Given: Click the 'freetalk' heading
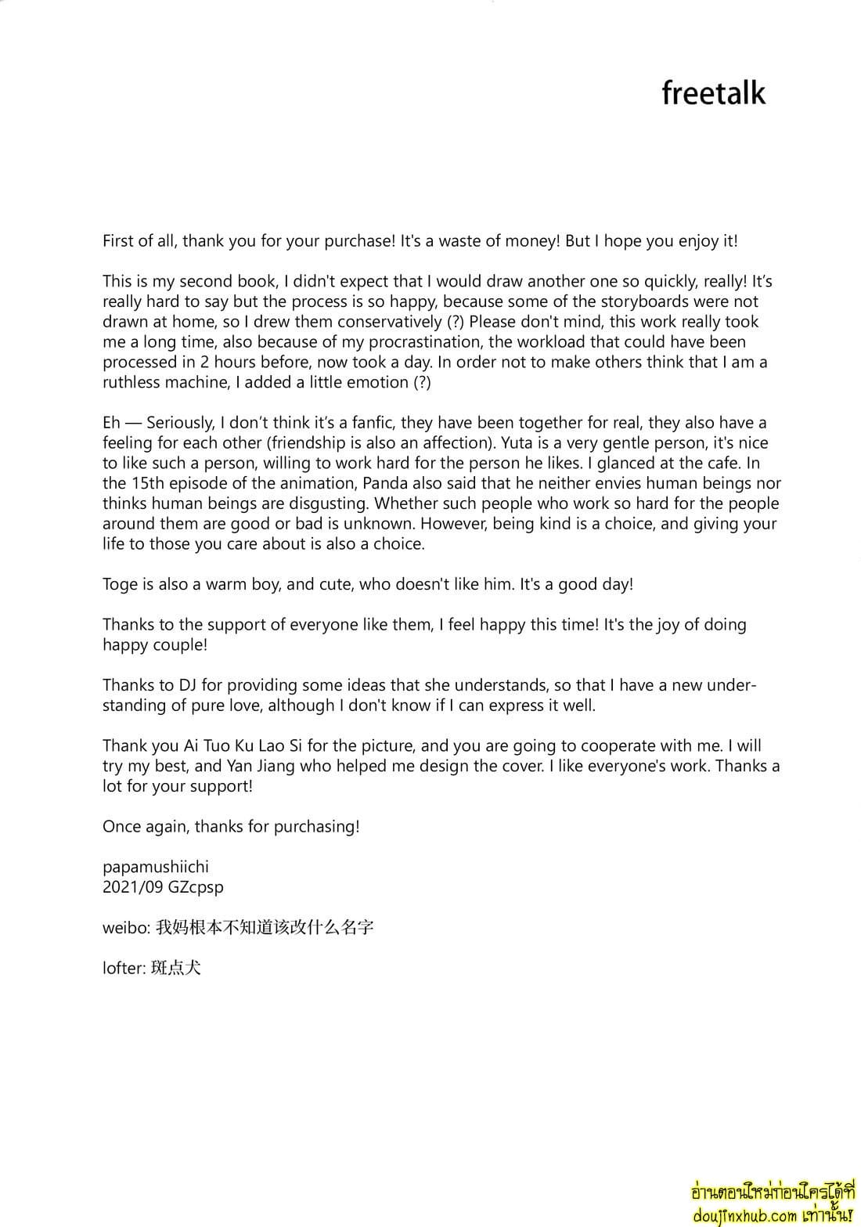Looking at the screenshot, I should click(713, 93).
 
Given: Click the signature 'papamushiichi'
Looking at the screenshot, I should click(156, 867).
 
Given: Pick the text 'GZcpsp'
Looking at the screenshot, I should click(196, 887).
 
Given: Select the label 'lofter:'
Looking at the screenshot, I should click(124, 968).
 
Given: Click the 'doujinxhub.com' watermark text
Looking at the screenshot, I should click(744, 1216).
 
